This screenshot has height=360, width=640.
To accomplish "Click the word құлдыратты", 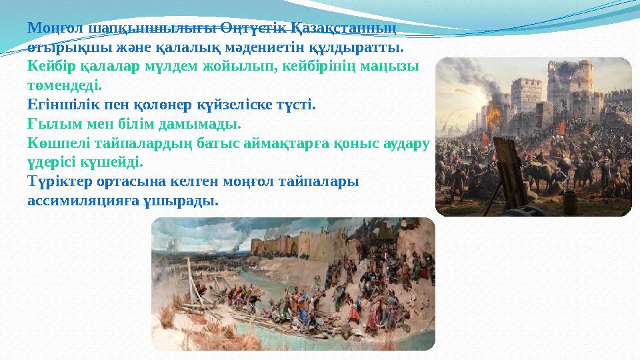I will [x=363, y=48].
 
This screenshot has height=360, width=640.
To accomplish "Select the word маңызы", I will [x=396, y=67].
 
